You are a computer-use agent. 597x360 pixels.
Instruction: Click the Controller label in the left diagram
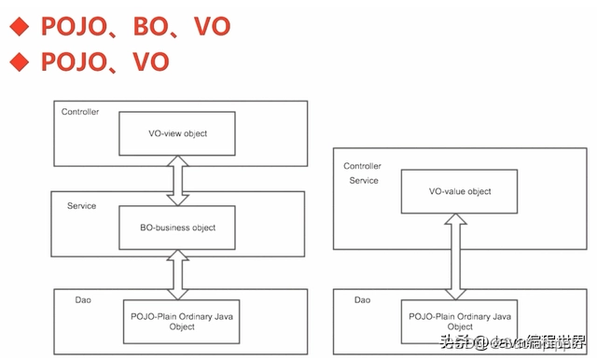pyautogui.click(x=80, y=113)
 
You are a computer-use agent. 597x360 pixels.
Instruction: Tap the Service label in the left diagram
pyautogui.click(x=81, y=205)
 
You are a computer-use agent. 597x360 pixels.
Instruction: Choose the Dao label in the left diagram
pyautogui.click(x=82, y=299)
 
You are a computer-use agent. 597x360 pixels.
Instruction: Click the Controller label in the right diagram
pyautogui.click(x=362, y=166)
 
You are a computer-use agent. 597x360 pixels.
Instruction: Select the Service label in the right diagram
pyautogui.click(x=364, y=181)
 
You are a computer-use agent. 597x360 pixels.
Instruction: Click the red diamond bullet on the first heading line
pyautogui.click(x=20, y=25)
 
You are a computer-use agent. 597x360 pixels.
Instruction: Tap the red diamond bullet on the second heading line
pyautogui.click(x=20, y=62)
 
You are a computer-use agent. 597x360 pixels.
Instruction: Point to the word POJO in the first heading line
pyautogui.click(x=71, y=25)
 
